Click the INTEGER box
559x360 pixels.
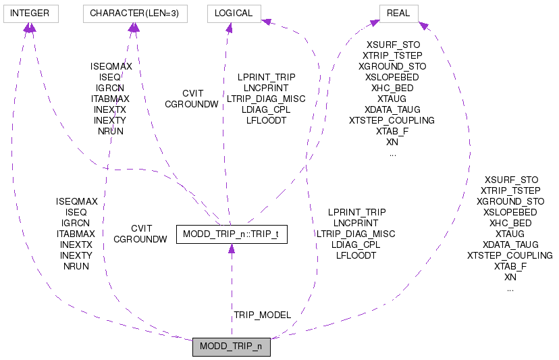click(x=30, y=13)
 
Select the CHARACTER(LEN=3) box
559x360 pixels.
click(x=134, y=13)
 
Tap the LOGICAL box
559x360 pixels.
click(x=233, y=13)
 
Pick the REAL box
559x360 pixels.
click(x=399, y=13)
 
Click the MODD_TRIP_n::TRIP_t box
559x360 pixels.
click(x=232, y=234)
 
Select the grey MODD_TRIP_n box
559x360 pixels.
click(x=232, y=347)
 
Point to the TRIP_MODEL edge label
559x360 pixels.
click(x=262, y=315)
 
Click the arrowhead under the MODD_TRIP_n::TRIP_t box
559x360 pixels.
click(x=232, y=249)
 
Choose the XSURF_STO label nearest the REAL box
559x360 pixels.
click(x=393, y=45)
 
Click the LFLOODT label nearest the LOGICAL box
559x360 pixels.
click(x=266, y=120)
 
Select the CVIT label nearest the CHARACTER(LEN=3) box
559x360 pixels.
click(x=192, y=93)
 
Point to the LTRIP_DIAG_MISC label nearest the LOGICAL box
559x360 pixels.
click(x=266, y=99)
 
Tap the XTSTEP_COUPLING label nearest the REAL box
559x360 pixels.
click(x=392, y=120)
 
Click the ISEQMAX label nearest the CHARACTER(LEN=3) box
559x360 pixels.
click(x=111, y=66)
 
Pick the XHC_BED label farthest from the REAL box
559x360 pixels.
click(x=510, y=223)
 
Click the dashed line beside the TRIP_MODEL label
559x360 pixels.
click(x=232, y=297)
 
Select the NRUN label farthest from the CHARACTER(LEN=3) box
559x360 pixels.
click(x=76, y=266)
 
